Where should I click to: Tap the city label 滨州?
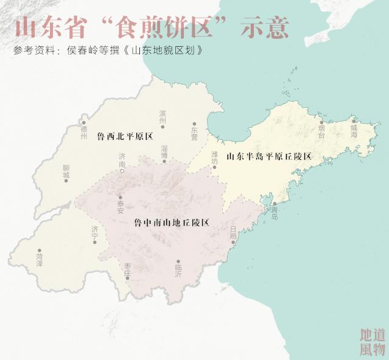click(163, 117)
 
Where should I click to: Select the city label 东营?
click(194, 133)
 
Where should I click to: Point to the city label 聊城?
click(66, 171)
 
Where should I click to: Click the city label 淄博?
click(164, 152)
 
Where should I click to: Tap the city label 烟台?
click(321, 130)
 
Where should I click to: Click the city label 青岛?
click(275, 212)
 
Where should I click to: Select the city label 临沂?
click(178, 271)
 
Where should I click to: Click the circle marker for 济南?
click(122, 171)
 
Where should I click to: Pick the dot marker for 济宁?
click(95, 241)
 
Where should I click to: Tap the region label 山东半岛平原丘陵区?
click(268, 156)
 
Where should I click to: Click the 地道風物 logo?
click(372, 342)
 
